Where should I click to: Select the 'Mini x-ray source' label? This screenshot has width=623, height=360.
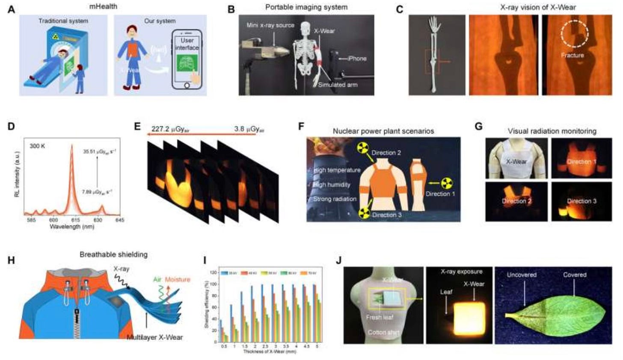[270, 25]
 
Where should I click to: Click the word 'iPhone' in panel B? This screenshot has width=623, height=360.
[357, 59]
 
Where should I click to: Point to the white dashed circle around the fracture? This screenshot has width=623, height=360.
[575, 32]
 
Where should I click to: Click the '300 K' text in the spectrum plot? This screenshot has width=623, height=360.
[38, 146]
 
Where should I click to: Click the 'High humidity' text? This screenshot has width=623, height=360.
[332, 185]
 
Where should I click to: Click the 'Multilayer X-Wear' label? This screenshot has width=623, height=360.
[154, 337]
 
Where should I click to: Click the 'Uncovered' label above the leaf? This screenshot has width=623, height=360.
[522, 274]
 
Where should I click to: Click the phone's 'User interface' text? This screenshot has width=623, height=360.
[187, 44]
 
